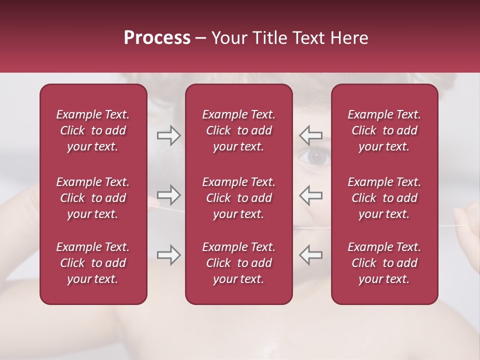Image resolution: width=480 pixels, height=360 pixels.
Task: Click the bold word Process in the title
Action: click(157, 38)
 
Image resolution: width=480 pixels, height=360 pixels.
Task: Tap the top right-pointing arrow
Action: click(168, 135)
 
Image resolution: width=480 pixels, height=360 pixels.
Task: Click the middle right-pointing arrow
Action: click(168, 195)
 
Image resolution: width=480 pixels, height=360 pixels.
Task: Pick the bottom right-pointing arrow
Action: click(168, 254)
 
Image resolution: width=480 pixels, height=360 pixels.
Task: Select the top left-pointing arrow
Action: click(311, 135)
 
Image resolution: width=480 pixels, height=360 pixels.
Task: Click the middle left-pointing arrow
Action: click(311, 195)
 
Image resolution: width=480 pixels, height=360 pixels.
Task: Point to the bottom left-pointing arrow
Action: click(311, 254)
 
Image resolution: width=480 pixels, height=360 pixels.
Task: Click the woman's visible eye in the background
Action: click(315, 157)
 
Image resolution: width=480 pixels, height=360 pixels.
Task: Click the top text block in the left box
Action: click(93, 130)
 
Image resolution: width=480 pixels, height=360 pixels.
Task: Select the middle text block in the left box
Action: click(93, 198)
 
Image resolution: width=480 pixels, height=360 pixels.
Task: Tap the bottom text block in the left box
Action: click(93, 263)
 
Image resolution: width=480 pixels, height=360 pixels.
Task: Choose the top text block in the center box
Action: click(238, 130)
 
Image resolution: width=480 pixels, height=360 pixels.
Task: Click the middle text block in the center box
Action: click(238, 198)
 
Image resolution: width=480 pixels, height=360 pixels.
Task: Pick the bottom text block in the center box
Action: click(238, 263)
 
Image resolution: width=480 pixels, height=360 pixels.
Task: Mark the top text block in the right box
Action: click(384, 130)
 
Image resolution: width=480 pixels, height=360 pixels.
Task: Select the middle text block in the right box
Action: click(384, 198)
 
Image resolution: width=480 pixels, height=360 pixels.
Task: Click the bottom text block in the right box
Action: click(384, 263)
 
